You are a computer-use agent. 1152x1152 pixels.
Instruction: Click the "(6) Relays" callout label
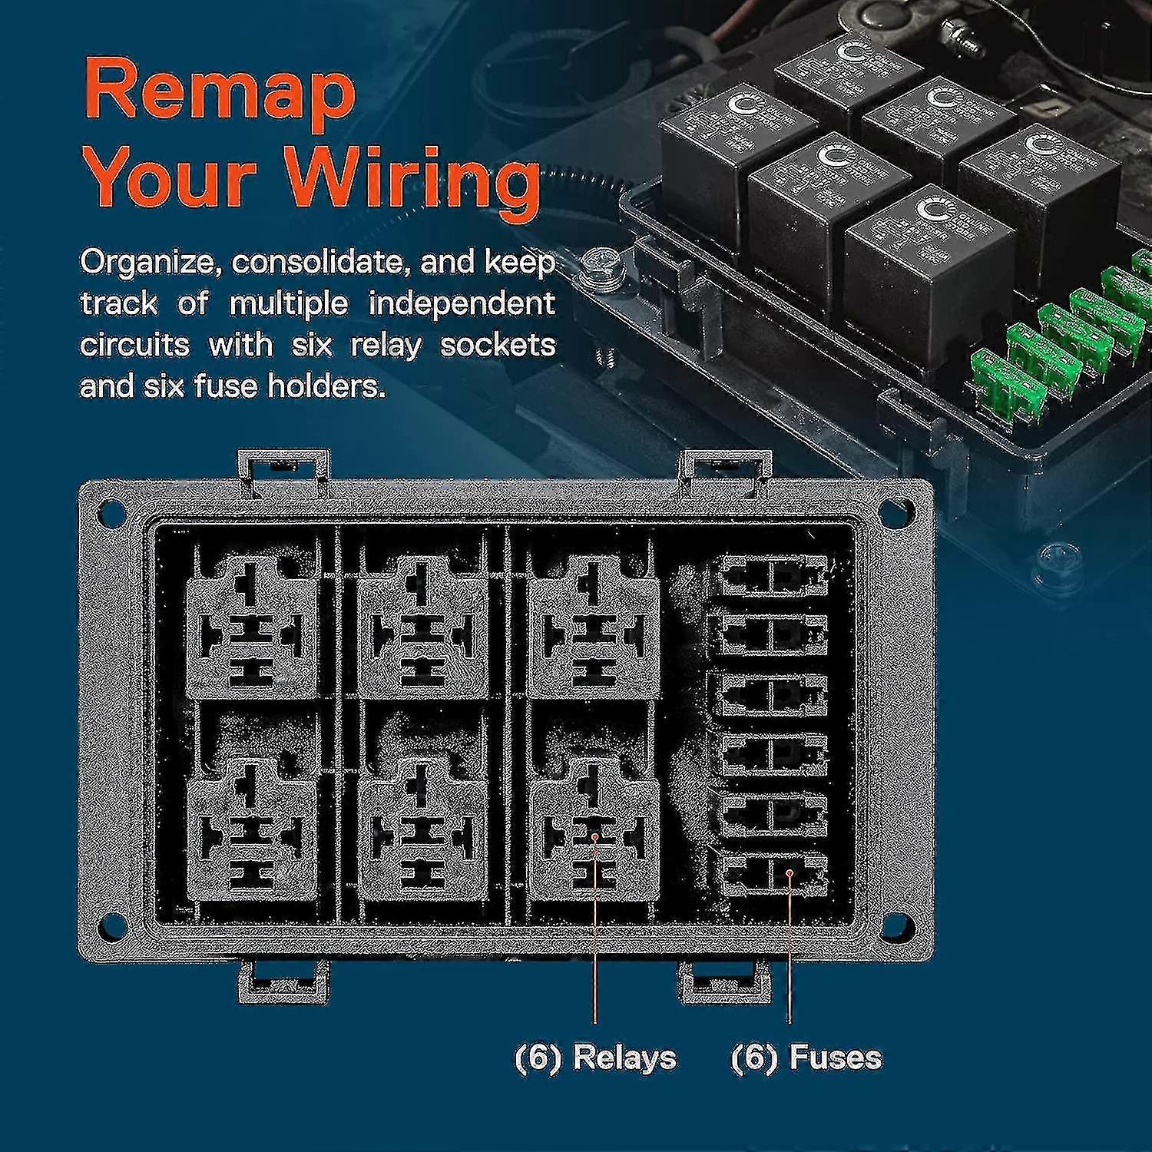tap(595, 1058)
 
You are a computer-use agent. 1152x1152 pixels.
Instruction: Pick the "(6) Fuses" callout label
tap(806, 1058)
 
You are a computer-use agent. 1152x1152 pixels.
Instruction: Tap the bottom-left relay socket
tap(252, 833)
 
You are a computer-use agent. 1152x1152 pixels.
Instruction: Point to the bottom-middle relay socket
tap(422, 833)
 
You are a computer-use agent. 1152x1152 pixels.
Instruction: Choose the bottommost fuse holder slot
tap(773, 874)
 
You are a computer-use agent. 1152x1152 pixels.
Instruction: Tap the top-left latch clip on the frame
tap(283, 466)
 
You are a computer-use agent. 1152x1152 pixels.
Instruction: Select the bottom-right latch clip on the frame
tap(724, 983)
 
